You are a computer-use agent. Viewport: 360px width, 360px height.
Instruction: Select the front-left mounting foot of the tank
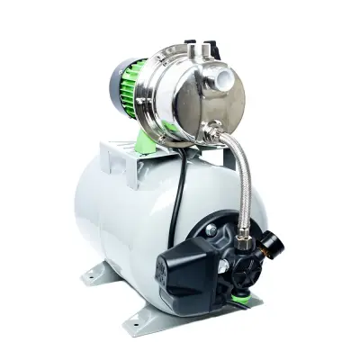pyautogui.click(x=135, y=316)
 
